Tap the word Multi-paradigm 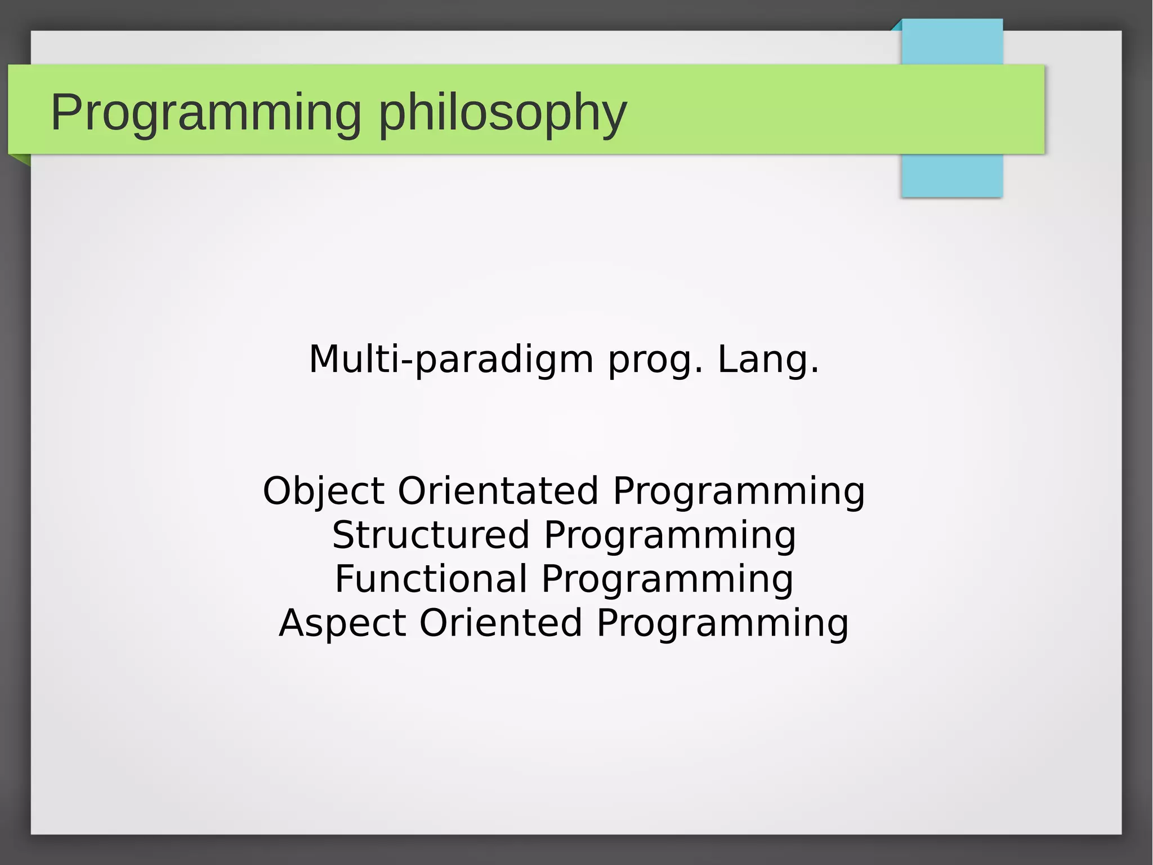(x=451, y=360)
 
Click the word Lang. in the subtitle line (x=768, y=360)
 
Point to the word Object (x=323, y=491)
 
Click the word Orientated (x=498, y=490)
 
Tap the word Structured (x=431, y=535)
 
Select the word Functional (x=431, y=579)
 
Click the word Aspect (x=342, y=623)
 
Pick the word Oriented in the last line (x=500, y=623)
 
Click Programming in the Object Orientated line (x=739, y=491)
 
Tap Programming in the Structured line (x=670, y=535)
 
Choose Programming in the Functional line (x=667, y=579)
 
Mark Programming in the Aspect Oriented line (x=722, y=623)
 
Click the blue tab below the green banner (x=951, y=176)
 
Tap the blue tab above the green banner (x=952, y=42)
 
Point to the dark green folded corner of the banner (x=22, y=160)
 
